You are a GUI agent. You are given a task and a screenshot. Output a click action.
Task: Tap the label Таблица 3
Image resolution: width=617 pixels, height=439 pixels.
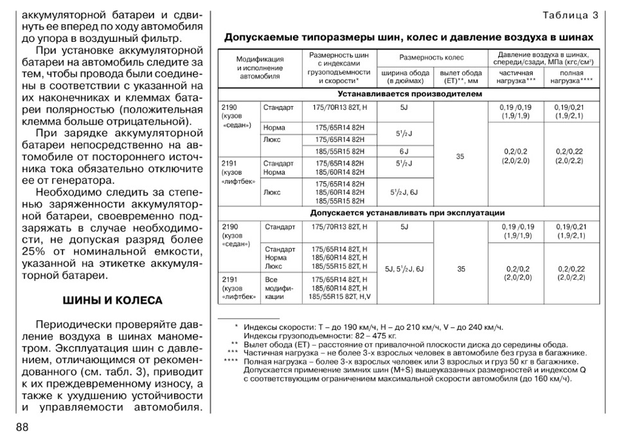[x=570, y=15]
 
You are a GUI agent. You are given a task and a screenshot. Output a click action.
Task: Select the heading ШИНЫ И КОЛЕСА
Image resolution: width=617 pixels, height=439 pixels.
[x=112, y=300]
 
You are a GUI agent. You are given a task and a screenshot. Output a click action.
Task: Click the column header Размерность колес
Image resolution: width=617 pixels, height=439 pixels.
[x=431, y=58]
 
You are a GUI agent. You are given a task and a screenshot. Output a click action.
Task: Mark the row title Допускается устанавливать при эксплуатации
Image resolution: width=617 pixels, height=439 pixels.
[x=407, y=213]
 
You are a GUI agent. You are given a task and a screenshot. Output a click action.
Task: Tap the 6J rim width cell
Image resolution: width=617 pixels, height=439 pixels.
[x=404, y=151]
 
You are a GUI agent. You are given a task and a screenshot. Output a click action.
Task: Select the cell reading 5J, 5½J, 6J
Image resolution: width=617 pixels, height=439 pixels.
[x=404, y=269]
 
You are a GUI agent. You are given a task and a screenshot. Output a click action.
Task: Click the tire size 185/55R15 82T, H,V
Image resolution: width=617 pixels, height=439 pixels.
[x=340, y=297]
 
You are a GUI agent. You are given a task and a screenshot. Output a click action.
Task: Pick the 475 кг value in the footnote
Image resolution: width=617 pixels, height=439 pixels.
[x=382, y=336]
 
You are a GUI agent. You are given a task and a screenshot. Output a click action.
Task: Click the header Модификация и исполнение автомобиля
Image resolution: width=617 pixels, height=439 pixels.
[x=260, y=67]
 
